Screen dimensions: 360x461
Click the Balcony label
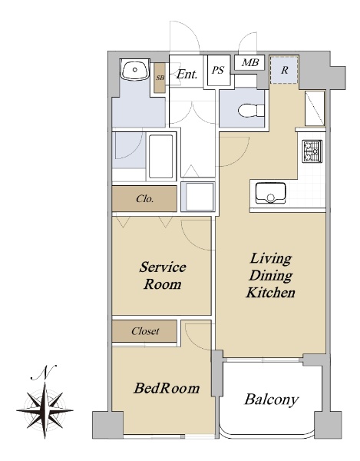click(271, 400)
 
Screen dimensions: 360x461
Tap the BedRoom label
click(167, 388)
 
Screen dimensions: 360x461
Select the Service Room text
click(163, 276)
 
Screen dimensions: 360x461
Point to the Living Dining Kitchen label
click(270, 276)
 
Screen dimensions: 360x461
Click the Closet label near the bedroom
click(145, 331)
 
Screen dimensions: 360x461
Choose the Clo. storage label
click(145, 199)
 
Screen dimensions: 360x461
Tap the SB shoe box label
click(160, 78)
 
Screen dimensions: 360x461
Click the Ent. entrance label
click(187, 74)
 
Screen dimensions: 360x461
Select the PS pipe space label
click(218, 70)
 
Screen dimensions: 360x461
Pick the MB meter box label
click(250, 63)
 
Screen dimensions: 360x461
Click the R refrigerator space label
click(284, 70)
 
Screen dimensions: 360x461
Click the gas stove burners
click(312, 151)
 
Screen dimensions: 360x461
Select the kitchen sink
click(270, 193)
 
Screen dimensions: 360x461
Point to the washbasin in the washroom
click(135, 70)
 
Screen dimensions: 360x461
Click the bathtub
click(160, 157)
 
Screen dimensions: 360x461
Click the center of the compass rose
click(45, 410)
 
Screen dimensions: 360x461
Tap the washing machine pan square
click(197, 197)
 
